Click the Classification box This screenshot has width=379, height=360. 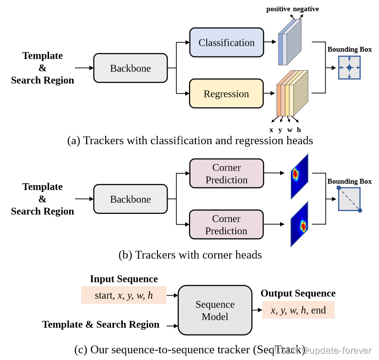tap(226, 42)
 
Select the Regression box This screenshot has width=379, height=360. tap(226, 94)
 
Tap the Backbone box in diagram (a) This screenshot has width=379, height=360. tap(130, 68)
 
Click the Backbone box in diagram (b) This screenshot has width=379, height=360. tap(130, 199)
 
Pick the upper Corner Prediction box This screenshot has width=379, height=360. tap(226, 173)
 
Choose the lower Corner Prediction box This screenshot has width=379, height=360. tap(226, 225)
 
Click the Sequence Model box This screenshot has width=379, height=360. tap(215, 310)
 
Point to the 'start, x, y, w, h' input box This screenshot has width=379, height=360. tap(124, 295)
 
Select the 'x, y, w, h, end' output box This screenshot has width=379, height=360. tap(298, 310)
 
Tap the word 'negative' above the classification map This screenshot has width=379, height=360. tap(306, 9)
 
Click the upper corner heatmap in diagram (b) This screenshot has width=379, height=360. tap(299, 176)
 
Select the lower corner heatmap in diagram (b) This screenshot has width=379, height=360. tap(299, 225)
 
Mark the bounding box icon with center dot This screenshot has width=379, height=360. tap(349, 68)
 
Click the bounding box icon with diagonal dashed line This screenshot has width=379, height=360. tap(349, 199)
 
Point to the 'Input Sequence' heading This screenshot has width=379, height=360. tap(124, 279)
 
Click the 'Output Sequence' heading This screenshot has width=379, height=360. tap(298, 293)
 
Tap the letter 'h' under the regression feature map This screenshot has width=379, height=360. tap(299, 130)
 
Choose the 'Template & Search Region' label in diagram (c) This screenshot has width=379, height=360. tap(101, 324)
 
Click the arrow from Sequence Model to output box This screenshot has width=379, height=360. tap(257, 310)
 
